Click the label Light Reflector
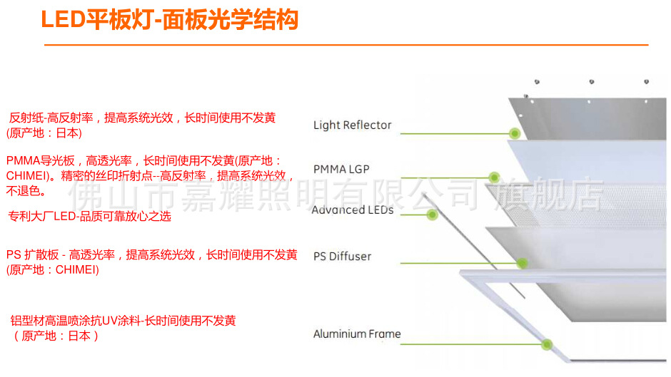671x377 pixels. [x=352, y=125]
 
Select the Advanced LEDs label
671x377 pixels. [x=353, y=210]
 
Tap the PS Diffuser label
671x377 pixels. [x=342, y=257]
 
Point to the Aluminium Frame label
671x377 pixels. [x=357, y=334]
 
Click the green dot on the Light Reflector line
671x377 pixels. [x=513, y=133]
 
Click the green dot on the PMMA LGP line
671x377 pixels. [x=493, y=177]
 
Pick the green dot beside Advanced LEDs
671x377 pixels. [x=432, y=215]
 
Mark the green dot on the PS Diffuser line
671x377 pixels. [x=523, y=263]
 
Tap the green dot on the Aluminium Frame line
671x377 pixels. [x=547, y=345]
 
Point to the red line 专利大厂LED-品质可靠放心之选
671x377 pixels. [x=89, y=217]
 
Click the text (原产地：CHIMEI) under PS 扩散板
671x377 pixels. [x=53, y=270]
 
